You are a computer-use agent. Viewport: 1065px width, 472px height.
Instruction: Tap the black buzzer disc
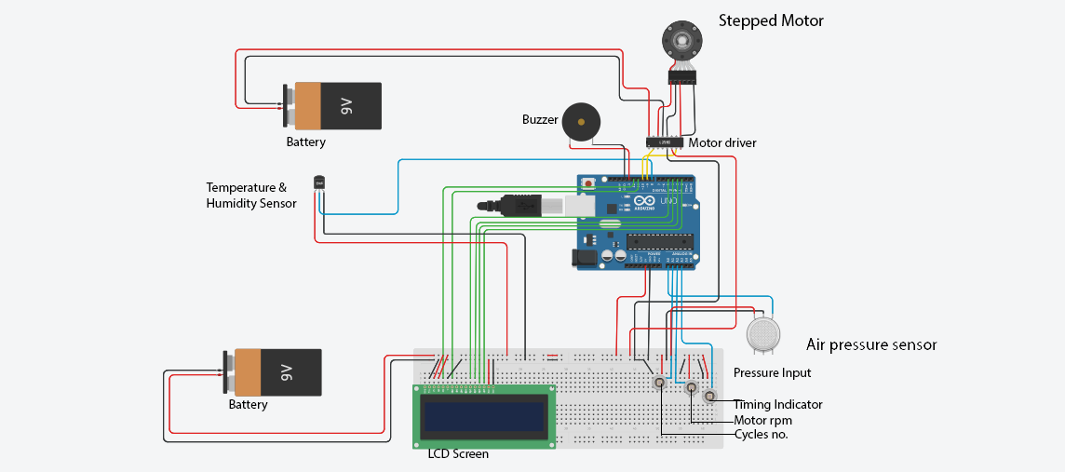[582, 122]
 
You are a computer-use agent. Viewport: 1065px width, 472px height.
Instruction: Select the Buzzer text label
[540, 119]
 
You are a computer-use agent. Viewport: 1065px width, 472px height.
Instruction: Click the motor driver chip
[665, 142]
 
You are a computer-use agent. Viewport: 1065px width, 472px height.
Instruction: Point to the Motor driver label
[721, 143]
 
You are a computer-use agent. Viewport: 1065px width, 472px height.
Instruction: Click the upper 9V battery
[336, 106]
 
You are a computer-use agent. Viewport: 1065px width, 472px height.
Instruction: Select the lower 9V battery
[276, 372]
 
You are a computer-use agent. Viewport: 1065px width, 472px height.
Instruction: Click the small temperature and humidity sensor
[319, 183]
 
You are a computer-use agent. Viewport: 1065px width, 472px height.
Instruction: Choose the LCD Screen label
[458, 454]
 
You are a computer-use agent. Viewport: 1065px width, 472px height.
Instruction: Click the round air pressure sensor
[764, 333]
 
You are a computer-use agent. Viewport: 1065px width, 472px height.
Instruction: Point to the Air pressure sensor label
[870, 344]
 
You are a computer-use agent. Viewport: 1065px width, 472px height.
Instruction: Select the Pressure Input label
[772, 373]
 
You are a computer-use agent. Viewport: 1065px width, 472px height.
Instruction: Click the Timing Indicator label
[777, 404]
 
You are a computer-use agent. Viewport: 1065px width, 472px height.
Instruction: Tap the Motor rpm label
[762, 420]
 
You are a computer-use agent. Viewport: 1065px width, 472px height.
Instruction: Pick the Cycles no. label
[761, 434]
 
